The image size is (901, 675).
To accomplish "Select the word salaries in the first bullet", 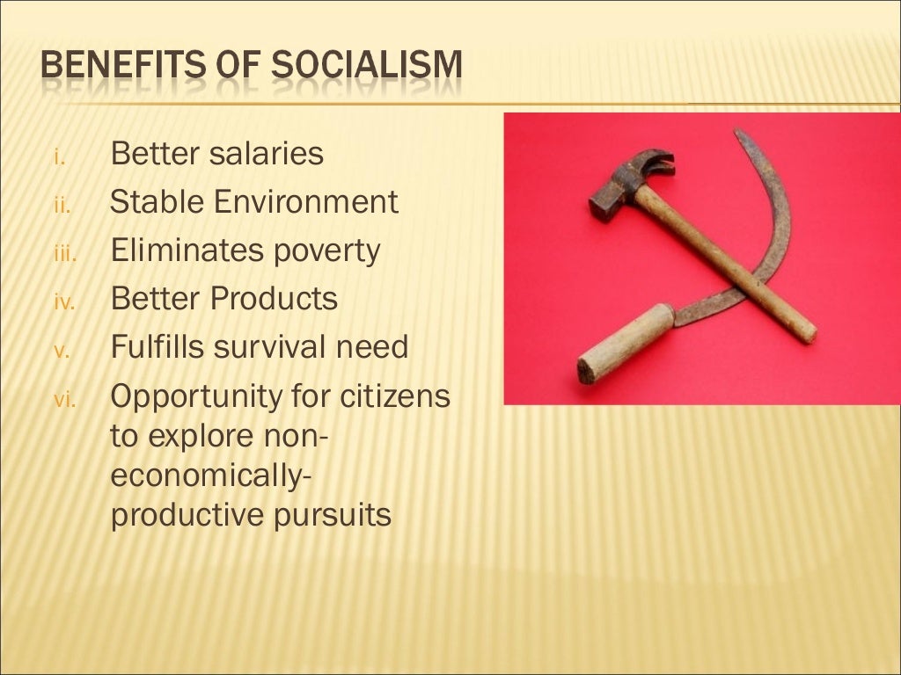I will (x=267, y=155).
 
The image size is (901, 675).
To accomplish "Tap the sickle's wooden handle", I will (x=625, y=343).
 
